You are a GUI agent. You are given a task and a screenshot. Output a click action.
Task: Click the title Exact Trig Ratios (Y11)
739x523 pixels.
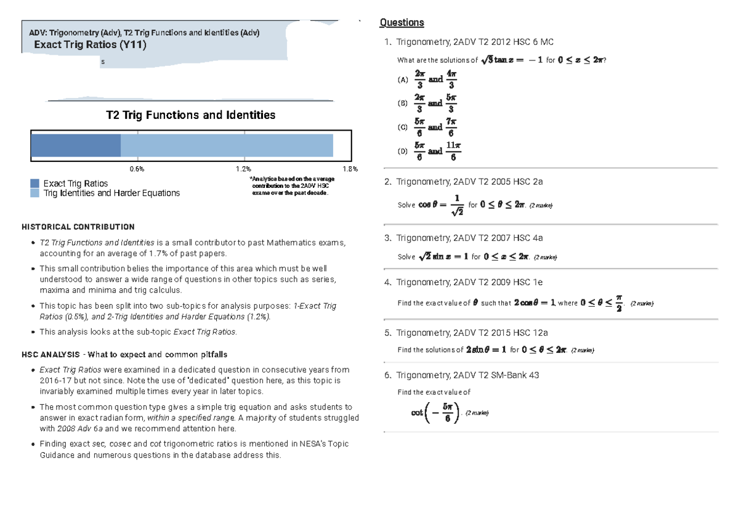[x=90, y=45]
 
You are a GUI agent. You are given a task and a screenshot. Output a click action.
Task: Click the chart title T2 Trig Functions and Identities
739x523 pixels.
[x=190, y=115]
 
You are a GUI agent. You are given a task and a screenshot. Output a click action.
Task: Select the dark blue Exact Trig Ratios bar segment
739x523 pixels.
[x=76, y=145]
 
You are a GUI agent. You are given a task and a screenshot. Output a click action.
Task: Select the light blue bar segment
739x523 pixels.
[x=227, y=145]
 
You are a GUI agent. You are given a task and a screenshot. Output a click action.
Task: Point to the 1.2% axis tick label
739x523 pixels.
[x=243, y=169]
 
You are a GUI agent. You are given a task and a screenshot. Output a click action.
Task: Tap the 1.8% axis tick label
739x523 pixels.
[x=349, y=169]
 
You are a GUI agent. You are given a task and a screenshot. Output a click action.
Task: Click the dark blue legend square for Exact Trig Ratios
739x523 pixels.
[x=35, y=184]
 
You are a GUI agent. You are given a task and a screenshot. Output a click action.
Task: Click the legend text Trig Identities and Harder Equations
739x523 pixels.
[x=111, y=193]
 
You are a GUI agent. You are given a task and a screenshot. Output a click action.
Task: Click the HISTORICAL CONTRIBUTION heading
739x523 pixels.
[x=78, y=227]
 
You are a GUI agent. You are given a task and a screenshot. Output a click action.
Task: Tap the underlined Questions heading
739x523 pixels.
[x=402, y=23]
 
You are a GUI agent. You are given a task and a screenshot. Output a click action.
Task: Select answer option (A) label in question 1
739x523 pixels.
[x=403, y=80]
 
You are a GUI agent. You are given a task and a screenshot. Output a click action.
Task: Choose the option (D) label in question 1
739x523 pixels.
[x=403, y=152]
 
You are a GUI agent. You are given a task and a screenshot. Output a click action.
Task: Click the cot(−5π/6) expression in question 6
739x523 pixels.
[x=435, y=413]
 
